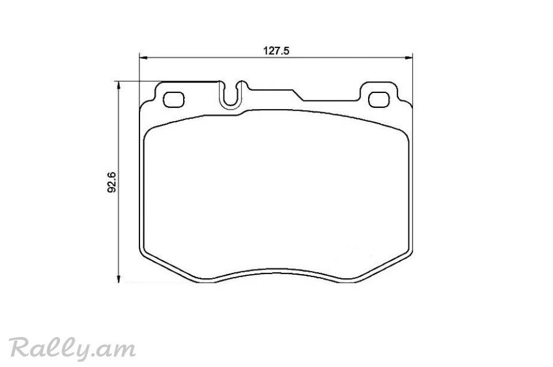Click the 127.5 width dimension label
[276, 51]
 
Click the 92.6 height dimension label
[112, 182]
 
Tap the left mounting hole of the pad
[174, 99]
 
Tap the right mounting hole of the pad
[379, 99]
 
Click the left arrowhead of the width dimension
[143, 58]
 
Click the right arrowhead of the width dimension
[409, 58]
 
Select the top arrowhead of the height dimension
[119, 85]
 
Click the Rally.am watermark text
[73, 349]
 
